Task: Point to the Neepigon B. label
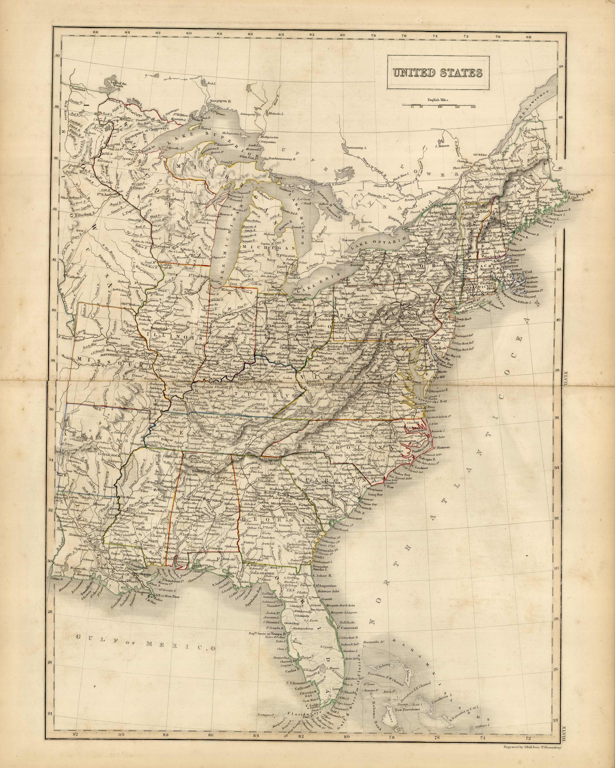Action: [x=220, y=101]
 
